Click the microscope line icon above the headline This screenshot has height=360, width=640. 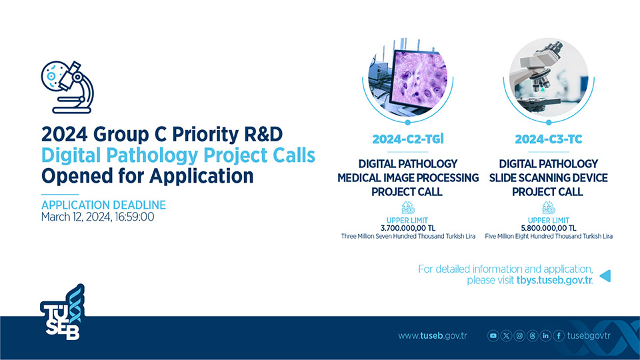tap(67, 87)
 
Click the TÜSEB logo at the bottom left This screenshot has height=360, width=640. tap(63, 312)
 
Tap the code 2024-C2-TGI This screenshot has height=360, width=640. tap(408, 139)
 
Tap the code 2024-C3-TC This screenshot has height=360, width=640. tap(549, 139)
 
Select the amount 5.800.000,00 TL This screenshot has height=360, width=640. tap(549, 228)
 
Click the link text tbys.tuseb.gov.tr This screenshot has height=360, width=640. tap(554, 281)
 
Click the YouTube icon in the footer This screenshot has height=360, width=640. tap(493, 336)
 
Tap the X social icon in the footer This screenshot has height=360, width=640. tap(506, 336)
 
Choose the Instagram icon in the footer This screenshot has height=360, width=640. tap(519, 336)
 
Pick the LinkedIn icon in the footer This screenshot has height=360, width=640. tap(545, 336)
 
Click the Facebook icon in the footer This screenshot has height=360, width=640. tap(559, 336)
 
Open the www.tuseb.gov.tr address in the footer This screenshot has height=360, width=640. tap(433, 336)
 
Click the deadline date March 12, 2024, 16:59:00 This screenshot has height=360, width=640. tap(97, 217)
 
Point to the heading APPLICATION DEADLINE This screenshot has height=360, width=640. tap(104, 205)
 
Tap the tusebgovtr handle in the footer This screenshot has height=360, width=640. tap(589, 336)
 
